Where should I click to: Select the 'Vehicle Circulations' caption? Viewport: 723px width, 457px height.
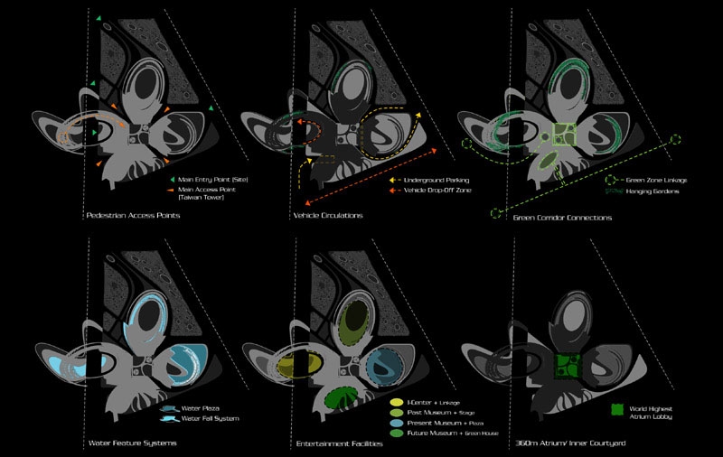[328, 217]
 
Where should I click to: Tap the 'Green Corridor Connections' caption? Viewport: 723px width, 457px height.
[562, 218]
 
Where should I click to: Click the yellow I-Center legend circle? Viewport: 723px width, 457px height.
[396, 400]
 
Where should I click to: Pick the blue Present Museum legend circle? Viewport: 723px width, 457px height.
[396, 422]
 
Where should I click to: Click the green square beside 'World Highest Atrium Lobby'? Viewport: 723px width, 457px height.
[618, 409]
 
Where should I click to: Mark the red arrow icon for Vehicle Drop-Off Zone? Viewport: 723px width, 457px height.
[394, 191]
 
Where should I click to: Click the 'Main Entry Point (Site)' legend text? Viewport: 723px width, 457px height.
[213, 181]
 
